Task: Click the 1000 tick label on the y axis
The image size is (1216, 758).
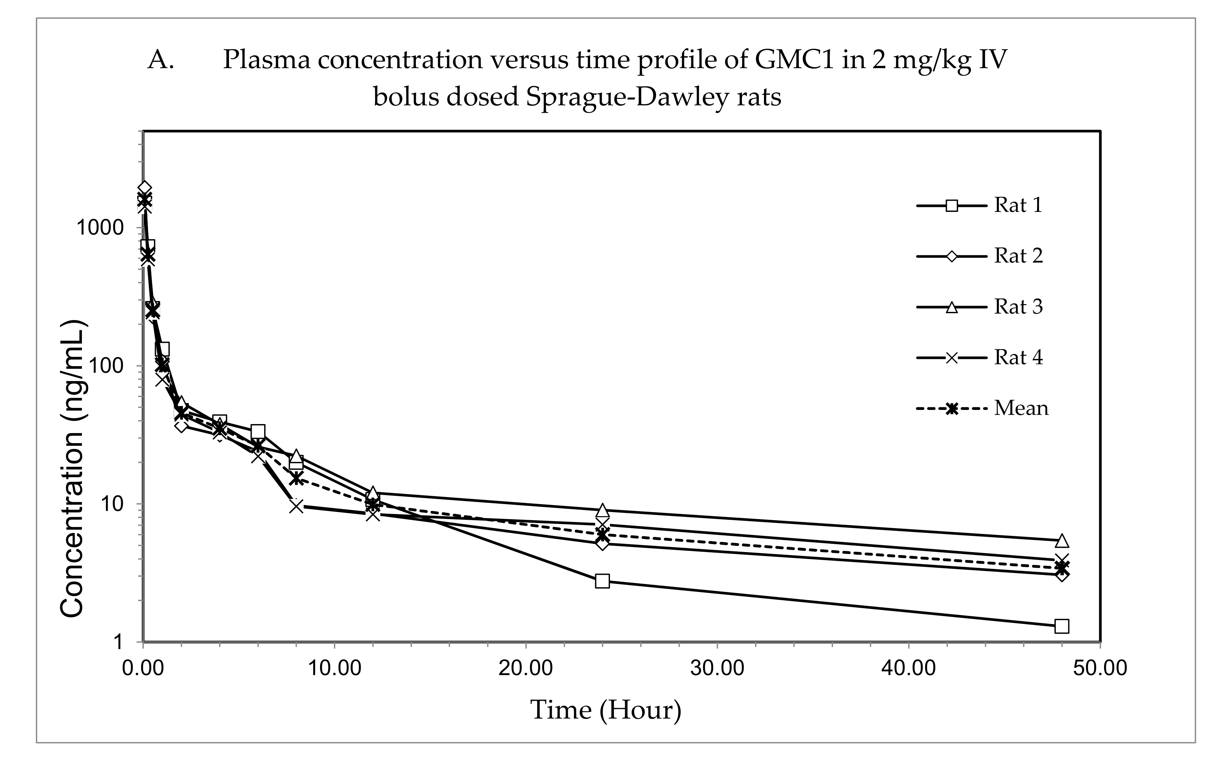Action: [99, 228]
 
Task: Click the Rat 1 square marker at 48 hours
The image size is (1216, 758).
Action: [1062, 626]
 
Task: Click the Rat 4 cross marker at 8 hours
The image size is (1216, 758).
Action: [296, 506]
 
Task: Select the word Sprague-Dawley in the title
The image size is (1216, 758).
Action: [626, 97]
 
